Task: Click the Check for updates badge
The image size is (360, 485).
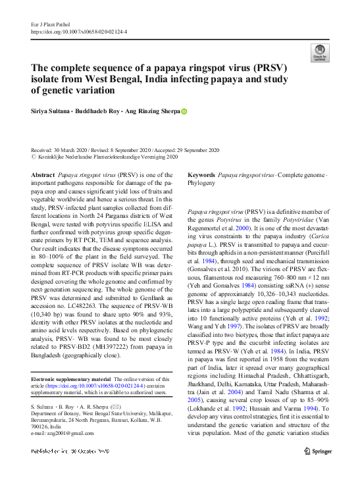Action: pyautogui.click(x=320, y=53)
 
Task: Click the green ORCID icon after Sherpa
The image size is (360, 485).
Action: pyautogui.click(x=184, y=112)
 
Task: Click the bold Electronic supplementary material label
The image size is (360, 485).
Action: pyautogui.click(x=71, y=379)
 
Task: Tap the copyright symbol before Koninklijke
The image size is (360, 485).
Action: pyautogui.click(x=34, y=158)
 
